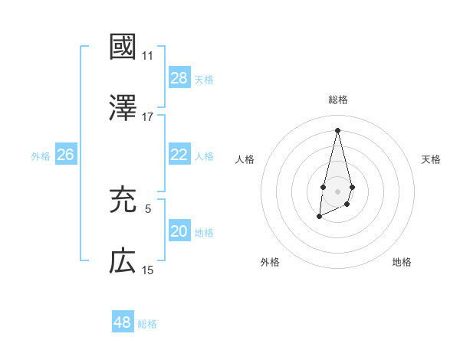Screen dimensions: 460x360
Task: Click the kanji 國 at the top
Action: click(123, 47)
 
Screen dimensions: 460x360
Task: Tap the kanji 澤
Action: click(123, 107)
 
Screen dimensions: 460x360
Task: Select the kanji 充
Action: click(123, 200)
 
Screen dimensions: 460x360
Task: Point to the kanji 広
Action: click(123, 261)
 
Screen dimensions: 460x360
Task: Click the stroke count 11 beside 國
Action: click(147, 56)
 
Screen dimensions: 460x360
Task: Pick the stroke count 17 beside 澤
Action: click(147, 117)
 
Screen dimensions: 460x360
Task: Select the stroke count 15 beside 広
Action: click(147, 270)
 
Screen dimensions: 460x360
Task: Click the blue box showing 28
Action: click(179, 78)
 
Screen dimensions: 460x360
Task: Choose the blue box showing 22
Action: click(179, 155)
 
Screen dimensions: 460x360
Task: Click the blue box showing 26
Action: click(65, 155)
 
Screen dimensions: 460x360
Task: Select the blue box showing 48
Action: click(122, 322)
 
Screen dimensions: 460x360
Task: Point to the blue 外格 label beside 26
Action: click(41, 156)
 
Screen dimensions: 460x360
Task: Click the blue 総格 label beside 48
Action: click(147, 324)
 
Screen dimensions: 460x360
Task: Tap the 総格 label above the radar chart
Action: click(337, 100)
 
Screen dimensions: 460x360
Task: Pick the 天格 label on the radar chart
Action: click(431, 159)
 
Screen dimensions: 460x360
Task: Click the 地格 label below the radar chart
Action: click(402, 262)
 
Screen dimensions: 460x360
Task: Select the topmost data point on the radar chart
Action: click(337, 129)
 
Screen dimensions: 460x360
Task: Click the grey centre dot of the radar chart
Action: click(337, 189)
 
